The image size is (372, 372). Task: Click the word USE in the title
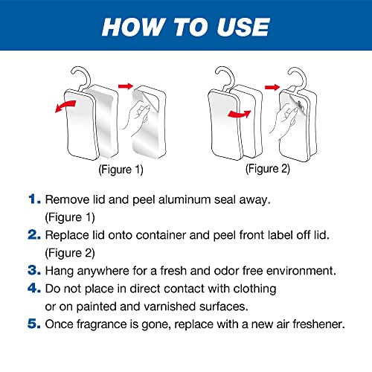pyautogui.click(x=243, y=27)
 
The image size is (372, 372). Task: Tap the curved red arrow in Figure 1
pyautogui.click(x=65, y=106)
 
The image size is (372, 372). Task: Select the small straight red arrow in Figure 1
pyautogui.click(x=126, y=86)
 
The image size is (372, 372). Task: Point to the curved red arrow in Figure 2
pyautogui.click(x=240, y=115)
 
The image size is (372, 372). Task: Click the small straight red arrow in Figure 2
pyautogui.click(x=272, y=87)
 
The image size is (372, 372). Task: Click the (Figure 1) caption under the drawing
pyautogui.click(x=121, y=170)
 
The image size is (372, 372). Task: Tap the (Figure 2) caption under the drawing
pyautogui.click(x=268, y=169)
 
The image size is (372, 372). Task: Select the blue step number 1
pyautogui.click(x=34, y=199)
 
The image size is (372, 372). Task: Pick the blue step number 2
pyautogui.click(x=34, y=234)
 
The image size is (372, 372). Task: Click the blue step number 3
pyautogui.click(x=34, y=270)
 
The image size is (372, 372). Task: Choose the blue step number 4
pyautogui.click(x=34, y=288)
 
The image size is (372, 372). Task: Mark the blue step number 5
pyautogui.click(x=34, y=324)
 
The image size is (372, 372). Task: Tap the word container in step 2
pyautogui.click(x=161, y=235)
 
